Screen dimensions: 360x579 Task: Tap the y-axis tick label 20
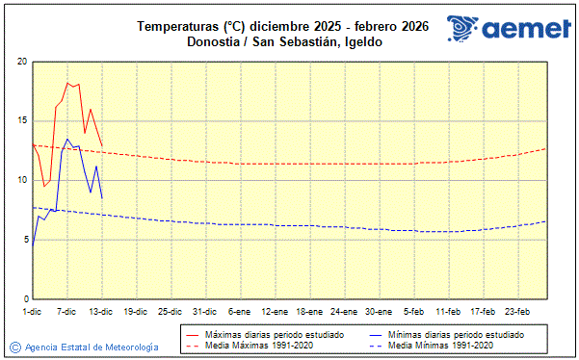(x=21, y=62)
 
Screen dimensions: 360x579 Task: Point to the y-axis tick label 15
(x=21, y=121)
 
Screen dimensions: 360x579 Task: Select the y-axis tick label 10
(x=21, y=180)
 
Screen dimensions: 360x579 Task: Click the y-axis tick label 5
(x=24, y=240)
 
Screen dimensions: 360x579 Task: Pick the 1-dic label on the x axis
(x=32, y=311)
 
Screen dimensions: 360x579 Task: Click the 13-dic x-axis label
(x=101, y=311)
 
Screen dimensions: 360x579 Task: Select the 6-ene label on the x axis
(x=240, y=311)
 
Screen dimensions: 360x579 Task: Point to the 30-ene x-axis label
(x=379, y=311)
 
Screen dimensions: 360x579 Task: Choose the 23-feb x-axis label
(x=517, y=311)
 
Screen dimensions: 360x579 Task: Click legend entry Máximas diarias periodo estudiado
(x=274, y=334)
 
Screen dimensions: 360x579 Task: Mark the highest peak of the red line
(x=66, y=83)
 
